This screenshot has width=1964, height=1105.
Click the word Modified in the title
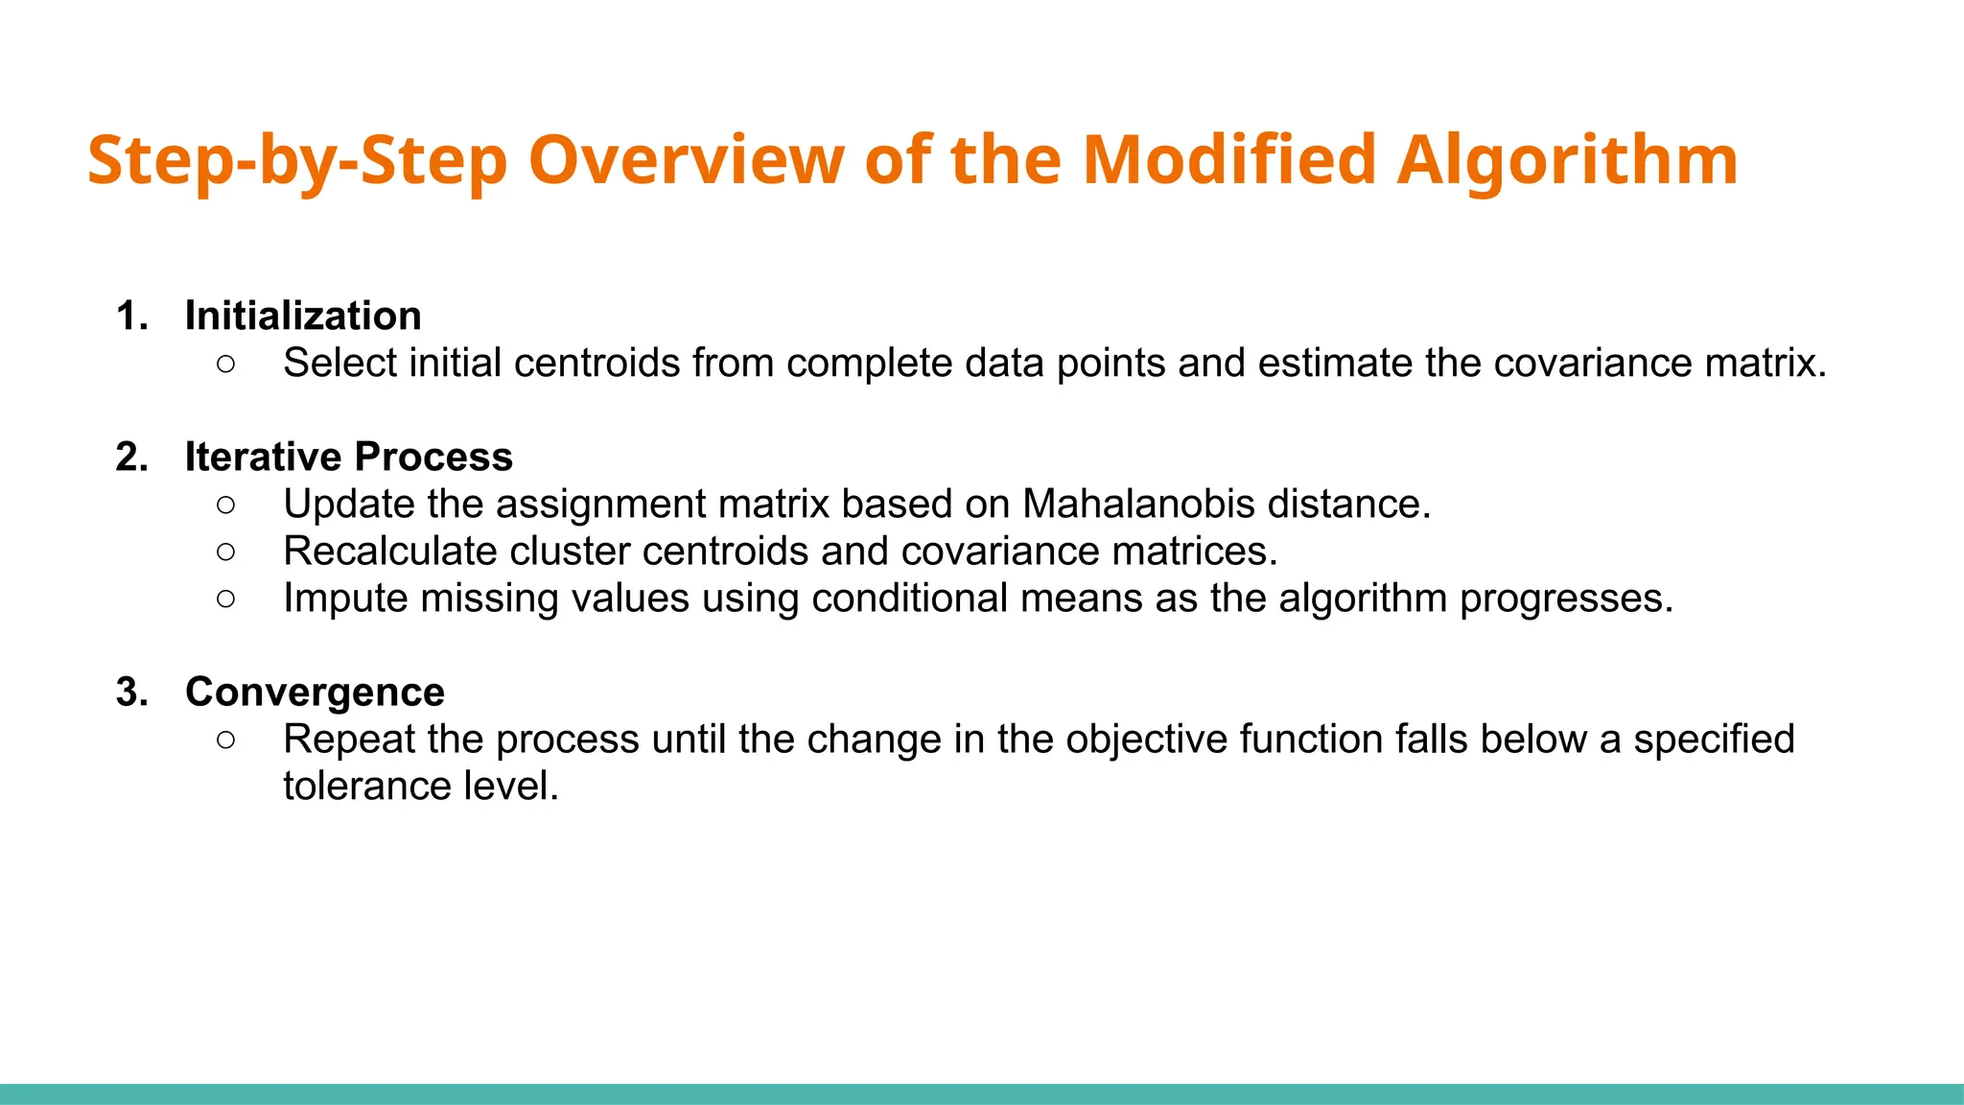point(1229,159)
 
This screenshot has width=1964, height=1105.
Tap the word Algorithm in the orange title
point(1566,159)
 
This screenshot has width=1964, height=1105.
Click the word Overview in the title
point(687,159)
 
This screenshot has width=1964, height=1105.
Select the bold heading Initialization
point(303,316)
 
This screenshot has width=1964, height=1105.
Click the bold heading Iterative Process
point(348,457)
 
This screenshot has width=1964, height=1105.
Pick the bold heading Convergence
point(315,692)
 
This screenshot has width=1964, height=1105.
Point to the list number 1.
point(131,316)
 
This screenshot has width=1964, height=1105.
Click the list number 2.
point(131,457)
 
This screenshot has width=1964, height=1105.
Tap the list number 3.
point(131,692)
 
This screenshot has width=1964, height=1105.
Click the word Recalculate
point(389,551)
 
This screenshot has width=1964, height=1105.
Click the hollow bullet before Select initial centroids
point(225,364)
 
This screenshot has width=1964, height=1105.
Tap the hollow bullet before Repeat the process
point(225,740)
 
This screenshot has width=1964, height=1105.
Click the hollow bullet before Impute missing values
point(225,599)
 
